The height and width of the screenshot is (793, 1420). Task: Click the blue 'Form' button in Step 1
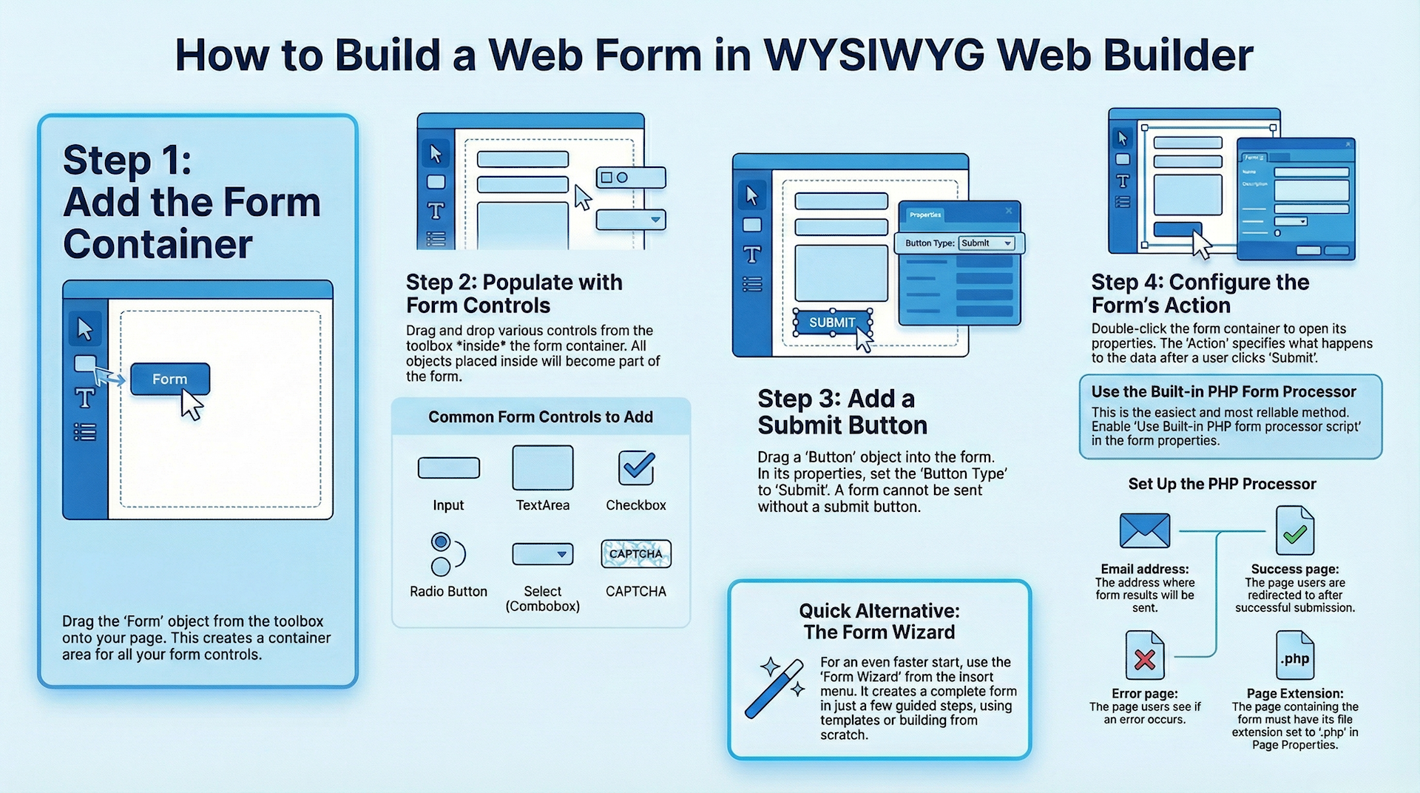(x=170, y=379)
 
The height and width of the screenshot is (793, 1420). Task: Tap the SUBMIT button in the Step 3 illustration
(x=832, y=323)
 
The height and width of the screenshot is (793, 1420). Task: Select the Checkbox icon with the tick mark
(x=636, y=468)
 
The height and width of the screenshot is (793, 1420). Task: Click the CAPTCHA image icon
(x=636, y=554)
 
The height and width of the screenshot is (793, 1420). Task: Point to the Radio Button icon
(x=446, y=554)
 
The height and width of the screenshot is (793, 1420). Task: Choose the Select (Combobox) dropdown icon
(x=543, y=554)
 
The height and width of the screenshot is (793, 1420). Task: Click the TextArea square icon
(x=543, y=468)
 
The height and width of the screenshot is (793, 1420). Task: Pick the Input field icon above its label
(x=449, y=468)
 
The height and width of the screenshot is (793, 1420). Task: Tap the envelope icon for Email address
(x=1145, y=530)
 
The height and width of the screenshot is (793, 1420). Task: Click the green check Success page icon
(x=1295, y=531)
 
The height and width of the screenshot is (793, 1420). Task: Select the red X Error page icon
(x=1145, y=656)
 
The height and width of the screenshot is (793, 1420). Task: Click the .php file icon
(x=1295, y=656)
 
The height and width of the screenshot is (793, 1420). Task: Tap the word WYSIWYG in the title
(x=873, y=55)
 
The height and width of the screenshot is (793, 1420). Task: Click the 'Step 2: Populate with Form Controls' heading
(x=514, y=294)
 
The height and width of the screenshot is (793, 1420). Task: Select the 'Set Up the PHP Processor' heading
(x=1222, y=485)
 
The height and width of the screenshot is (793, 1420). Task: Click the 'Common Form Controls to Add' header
(x=541, y=417)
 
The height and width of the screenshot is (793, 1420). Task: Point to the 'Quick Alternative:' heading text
(x=879, y=611)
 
